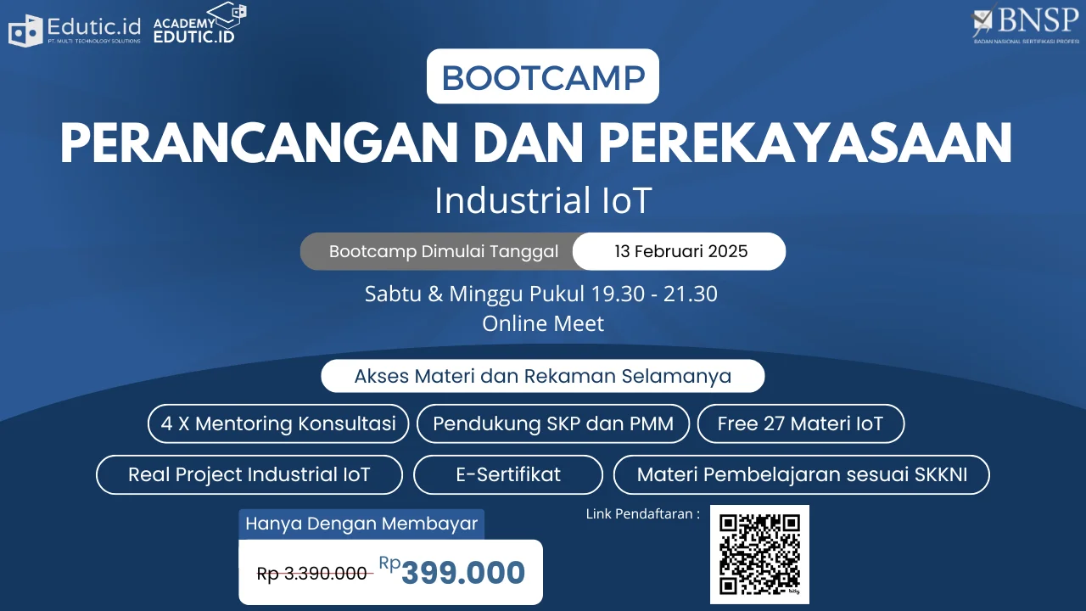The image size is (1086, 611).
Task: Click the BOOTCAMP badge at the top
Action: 542,76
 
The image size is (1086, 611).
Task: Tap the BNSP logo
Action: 1025,23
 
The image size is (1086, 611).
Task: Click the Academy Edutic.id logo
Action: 199,23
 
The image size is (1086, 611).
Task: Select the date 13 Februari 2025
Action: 680,251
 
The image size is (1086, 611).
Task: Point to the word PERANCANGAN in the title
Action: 259,143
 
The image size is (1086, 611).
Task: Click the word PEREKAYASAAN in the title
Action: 805,143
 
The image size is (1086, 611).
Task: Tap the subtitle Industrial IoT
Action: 543,200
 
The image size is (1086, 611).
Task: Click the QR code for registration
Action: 759,554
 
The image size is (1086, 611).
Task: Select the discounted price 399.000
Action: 463,572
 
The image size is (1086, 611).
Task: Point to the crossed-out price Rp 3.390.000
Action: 311,574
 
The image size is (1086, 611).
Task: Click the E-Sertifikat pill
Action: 508,474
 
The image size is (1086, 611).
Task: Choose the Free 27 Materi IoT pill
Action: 800,423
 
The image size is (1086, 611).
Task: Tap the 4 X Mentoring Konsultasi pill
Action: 278,423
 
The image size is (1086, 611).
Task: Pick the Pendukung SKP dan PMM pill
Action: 553,423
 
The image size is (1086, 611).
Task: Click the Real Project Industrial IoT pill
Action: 249,474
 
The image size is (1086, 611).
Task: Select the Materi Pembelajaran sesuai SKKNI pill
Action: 802,474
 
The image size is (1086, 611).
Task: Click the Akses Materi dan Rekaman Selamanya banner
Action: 542,376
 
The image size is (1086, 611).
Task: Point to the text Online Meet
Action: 543,323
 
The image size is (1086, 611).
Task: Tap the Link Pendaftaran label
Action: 643,514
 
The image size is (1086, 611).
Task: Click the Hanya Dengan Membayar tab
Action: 361,524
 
